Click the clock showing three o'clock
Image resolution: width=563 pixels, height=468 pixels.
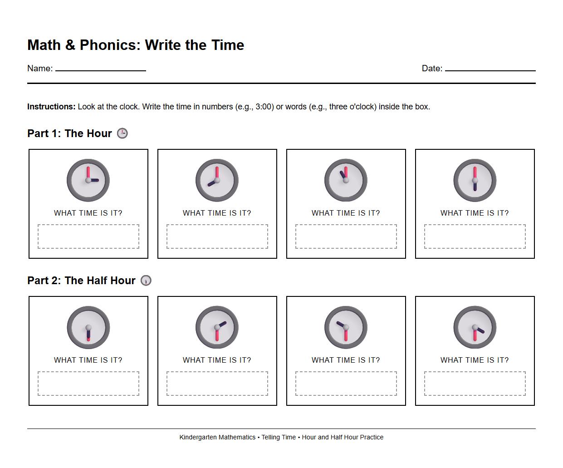pos(88,180)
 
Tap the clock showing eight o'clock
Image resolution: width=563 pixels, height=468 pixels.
pos(217,180)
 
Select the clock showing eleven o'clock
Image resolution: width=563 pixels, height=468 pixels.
pos(346,180)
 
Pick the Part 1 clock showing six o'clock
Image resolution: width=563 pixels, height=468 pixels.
pos(475,180)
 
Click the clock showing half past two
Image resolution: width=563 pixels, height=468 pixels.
pos(217,327)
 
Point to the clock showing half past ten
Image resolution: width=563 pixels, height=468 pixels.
pos(346,327)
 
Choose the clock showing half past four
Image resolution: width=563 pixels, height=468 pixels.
pos(475,327)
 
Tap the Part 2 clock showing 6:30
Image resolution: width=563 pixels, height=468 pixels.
pos(88,327)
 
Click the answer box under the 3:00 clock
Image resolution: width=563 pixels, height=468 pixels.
pos(88,236)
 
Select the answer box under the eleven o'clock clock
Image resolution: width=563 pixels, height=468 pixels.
pos(346,236)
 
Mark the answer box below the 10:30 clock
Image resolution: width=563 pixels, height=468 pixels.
pos(346,384)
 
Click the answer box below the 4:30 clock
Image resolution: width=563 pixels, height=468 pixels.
pos(475,384)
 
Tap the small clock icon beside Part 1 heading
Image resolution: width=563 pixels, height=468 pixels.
pos(122,133)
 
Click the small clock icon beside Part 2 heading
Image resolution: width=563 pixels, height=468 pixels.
pos(146,281)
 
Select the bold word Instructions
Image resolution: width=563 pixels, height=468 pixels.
pos(51,107)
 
